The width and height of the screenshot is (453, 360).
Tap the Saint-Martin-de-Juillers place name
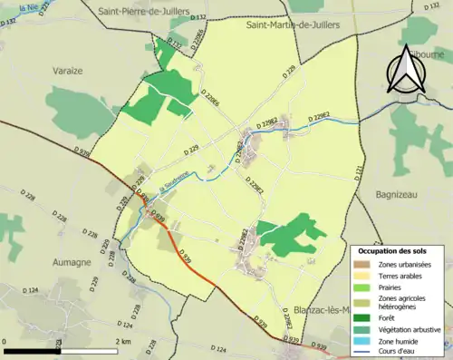pos(293,24)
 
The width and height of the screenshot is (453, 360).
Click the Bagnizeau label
pos(400,194)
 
